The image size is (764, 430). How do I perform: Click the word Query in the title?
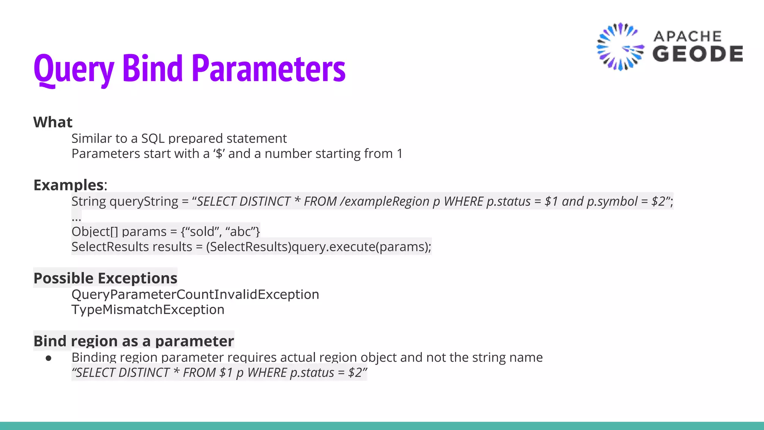(73, 69)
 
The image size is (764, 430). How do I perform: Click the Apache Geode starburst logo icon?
(620, 47)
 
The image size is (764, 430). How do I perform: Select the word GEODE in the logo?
(698, 54)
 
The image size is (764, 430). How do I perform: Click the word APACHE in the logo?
(688, 36)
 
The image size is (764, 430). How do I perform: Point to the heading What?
(53, 122)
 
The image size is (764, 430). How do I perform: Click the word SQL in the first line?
(153, 138)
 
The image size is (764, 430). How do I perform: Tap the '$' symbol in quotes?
(219, 154)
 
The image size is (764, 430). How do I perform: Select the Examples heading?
(69, 185)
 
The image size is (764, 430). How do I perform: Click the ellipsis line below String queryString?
(76, 217)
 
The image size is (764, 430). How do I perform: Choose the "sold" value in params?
(201, 232)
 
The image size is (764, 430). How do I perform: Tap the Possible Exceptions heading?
(105, 278)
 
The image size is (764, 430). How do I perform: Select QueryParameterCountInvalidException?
(195, 295)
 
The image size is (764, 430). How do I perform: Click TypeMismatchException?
(148, 310)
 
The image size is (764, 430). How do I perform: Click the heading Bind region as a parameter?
(134, 341)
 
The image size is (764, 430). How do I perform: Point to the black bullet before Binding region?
(48, 358)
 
